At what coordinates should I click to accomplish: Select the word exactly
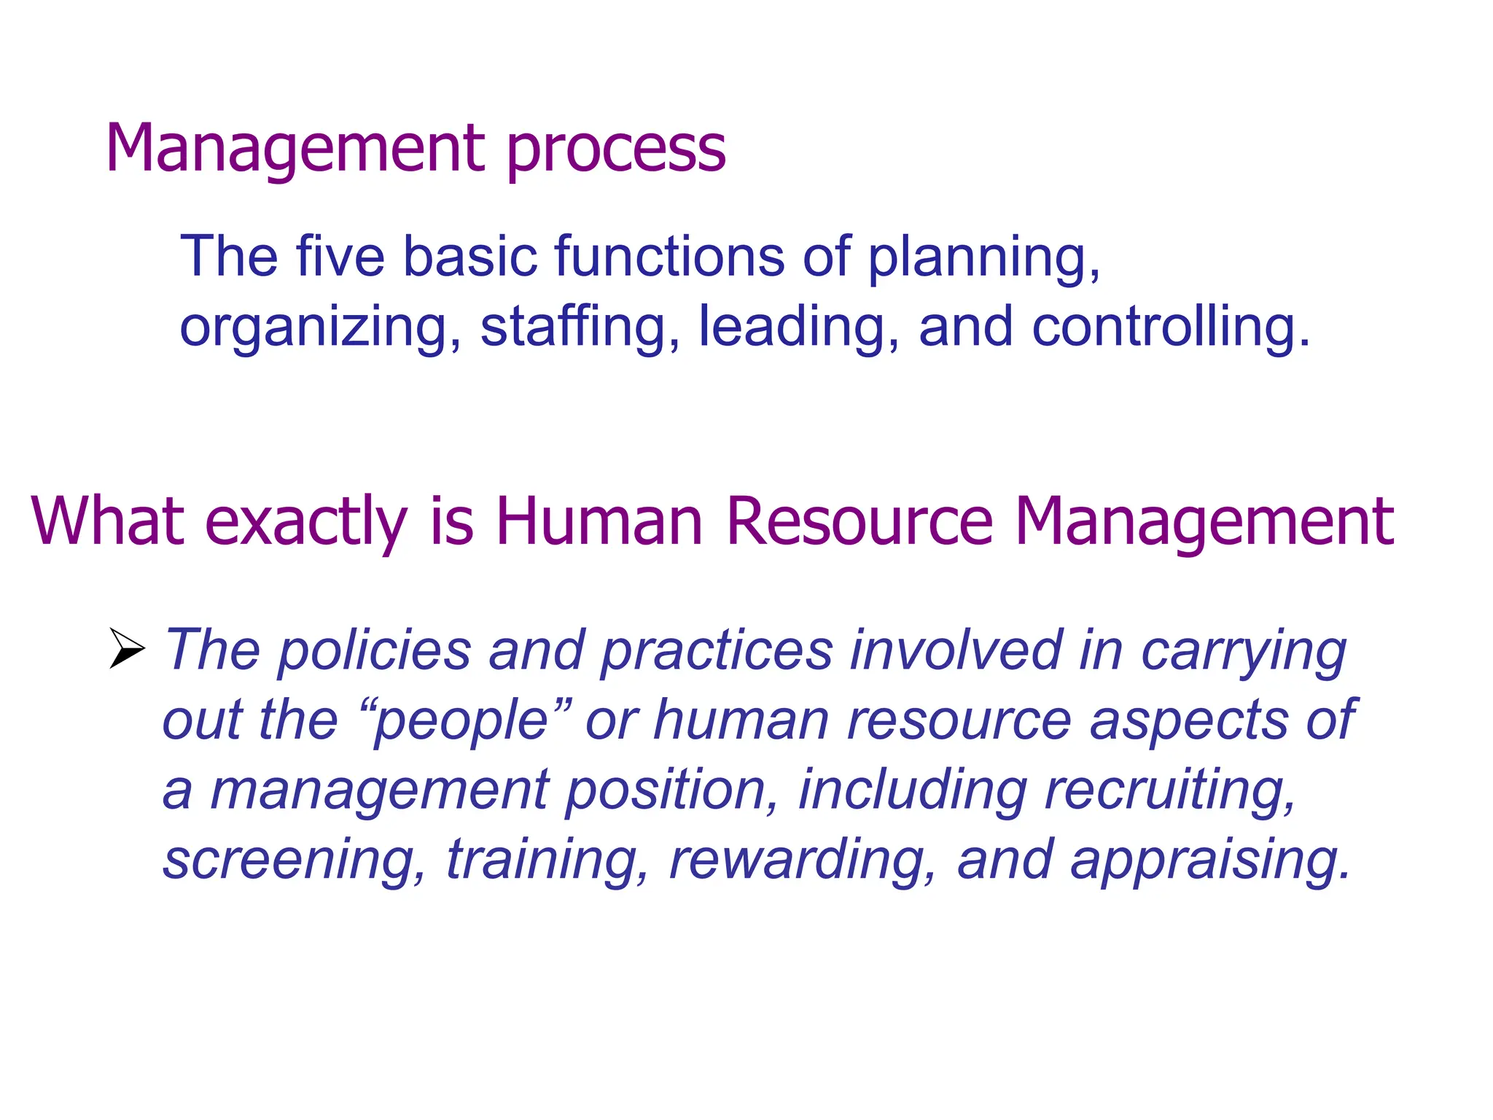[306, 522]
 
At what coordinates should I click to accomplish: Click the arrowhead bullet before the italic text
[127, 648]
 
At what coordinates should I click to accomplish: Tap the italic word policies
[375, 650]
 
